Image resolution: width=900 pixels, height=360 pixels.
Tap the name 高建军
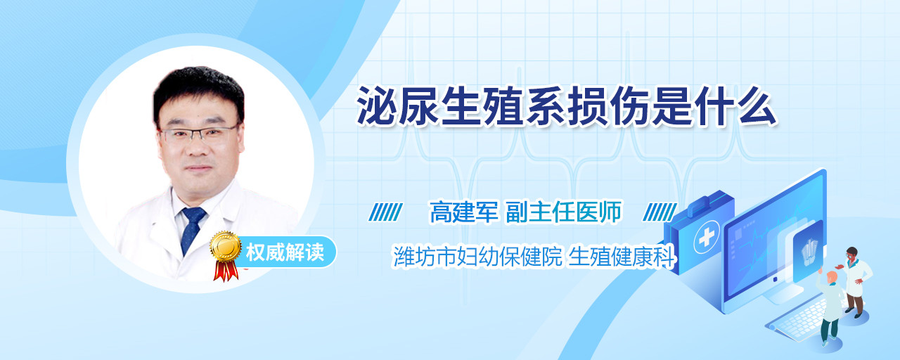(x=464, y=212)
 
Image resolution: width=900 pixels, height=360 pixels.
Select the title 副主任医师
(x=563, y=212)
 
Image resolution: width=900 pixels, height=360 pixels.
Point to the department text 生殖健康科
(x=621, y=257)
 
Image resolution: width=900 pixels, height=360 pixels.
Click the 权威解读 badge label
(x=285, y=252)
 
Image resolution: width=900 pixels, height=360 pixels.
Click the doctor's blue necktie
(x=192, y=229)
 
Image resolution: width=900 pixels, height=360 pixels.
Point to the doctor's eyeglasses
(x=198, y=134)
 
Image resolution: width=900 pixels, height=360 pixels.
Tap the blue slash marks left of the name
(x=385, y=212)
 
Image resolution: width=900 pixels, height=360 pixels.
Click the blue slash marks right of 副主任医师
(x=660, y=212)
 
